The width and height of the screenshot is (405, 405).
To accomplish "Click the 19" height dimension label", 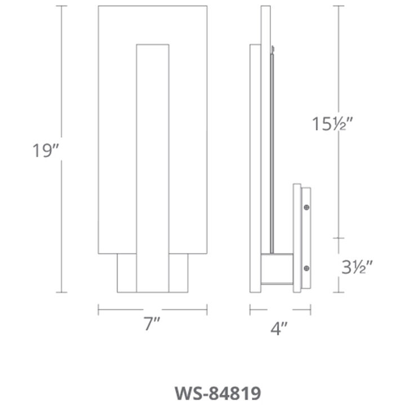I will click(x=45, y=150).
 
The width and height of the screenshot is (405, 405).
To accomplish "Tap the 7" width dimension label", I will click(x=152, y=325).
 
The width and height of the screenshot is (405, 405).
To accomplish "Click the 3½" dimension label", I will click(x=358, y=265).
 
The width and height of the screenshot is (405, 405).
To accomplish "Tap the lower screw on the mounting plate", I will click(x=306, y=267).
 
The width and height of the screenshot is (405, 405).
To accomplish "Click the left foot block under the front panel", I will click(x=127, y=273).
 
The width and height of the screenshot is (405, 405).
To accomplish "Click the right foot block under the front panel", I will click(x=178, y=273).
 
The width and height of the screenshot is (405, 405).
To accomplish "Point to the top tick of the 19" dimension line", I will click(x=62, y=6).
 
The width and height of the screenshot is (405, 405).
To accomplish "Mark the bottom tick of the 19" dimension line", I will click(x=62, y=292).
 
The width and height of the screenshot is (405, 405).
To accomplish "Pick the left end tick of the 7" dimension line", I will click(x=99, y=309).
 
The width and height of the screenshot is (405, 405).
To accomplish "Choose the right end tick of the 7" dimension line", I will click(x=207, y=309).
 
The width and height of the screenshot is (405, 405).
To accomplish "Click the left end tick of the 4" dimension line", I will click(x=250, y=309).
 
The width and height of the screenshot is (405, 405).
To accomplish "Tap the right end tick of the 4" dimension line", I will click(x=311, y=309).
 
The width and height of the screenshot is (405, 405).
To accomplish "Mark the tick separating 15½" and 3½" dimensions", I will click(x=338, y=238).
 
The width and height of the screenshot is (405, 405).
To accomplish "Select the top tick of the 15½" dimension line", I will click(x=338, y=6).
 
